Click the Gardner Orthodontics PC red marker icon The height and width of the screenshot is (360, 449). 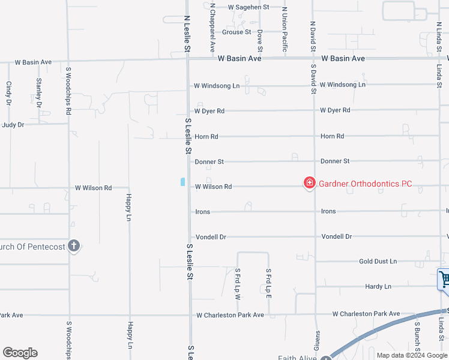(310, 183)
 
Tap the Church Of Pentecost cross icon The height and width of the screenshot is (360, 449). (74, 245)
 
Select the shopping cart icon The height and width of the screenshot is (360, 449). (444, 280)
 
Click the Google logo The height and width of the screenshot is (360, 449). (20, 353)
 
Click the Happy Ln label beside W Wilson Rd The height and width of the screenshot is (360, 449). (128, 207)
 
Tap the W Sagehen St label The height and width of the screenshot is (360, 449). (249, 7)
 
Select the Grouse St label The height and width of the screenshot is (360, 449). (237, 32)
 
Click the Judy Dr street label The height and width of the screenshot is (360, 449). (13, 125)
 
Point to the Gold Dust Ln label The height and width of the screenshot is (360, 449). (378, 262)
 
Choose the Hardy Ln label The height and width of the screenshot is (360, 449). (378, 287)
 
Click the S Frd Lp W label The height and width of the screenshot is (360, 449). (237, 284)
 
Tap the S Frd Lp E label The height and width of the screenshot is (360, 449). (269, 284)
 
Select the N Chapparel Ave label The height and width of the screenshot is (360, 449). (212, 26)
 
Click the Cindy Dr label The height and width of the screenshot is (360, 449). (9, 94)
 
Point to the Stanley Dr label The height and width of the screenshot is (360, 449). (39, 92)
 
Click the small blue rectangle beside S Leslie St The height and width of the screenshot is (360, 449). (182, 182)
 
